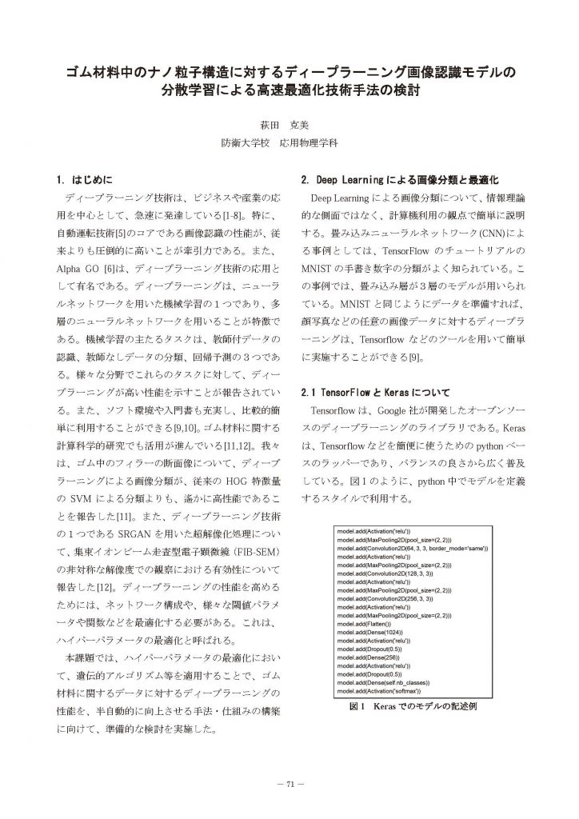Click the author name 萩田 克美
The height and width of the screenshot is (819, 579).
289,125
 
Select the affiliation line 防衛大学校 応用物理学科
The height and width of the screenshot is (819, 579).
289,146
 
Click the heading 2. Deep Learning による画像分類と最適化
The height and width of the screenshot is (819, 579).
399,178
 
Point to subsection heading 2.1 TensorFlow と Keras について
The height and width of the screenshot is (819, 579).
375,394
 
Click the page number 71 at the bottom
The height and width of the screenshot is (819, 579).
289,782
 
